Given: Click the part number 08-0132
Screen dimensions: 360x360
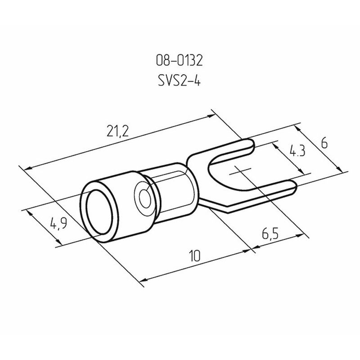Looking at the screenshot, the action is pyautogui.click(x=179, y=61).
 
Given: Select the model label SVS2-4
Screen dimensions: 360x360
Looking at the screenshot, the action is pyautogui.click(x=179, y=81).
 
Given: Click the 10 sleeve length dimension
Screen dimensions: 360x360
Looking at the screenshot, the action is pyautogui.click(x=195, y=256).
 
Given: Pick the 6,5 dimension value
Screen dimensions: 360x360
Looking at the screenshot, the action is pyautogui.click(x=270, y=234).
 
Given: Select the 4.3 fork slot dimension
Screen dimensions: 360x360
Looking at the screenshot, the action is pyautogui.click(x=297, y=151).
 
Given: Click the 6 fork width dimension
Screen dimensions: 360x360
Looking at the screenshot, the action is pyautogui.click(x=324, y=144).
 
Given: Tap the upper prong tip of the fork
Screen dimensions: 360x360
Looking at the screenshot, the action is pyautogui.click(x=253, y=144).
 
